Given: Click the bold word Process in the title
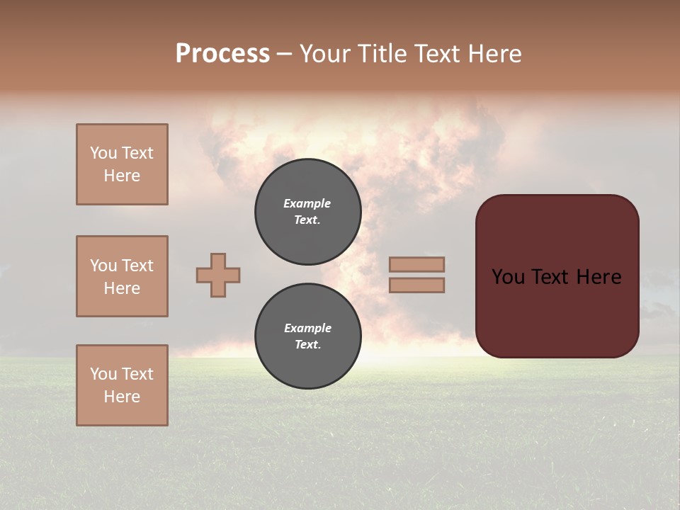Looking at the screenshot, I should tap(222, 54).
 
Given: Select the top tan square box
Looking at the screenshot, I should tap(122, 164).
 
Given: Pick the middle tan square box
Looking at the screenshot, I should tap(122, 276).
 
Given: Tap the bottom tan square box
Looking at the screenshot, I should tap(122, 385).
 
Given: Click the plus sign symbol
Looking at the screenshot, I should tap(218, 275).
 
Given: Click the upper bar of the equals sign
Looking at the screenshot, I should tap(417, 264).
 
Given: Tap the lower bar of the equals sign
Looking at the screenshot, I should tap(417, 285).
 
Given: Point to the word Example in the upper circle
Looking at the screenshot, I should tap(307, 203).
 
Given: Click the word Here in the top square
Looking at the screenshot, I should tap(122, 176).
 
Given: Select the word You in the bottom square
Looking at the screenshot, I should tap(103, 374).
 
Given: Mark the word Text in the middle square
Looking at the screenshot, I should tap(137, 266).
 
